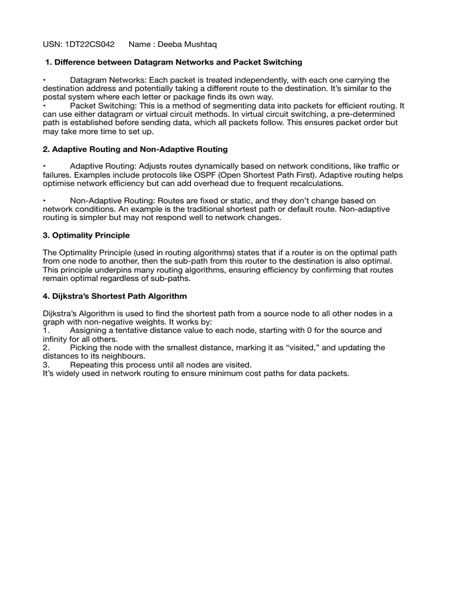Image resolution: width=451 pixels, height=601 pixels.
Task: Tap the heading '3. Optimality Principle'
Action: [x=86, y=235]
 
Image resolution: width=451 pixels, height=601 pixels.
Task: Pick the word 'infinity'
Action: [x=56, y=339]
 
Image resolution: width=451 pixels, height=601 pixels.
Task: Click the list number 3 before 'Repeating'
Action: [x=46, y=364]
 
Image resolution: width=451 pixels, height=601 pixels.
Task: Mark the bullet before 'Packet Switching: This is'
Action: [x=45, y=106]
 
